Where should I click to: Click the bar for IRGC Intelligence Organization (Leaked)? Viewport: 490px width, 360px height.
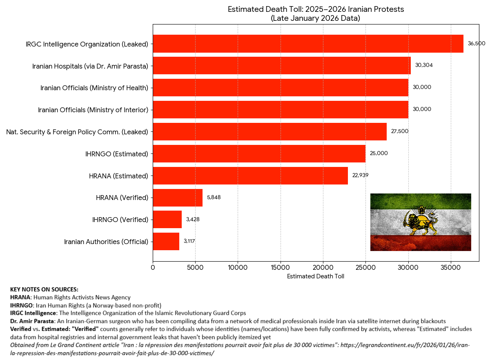(308, 44)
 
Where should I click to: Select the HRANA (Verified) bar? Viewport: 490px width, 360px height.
(178, 198)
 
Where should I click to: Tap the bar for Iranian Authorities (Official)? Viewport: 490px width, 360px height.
(166, 242)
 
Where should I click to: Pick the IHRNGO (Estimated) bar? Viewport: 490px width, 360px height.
(259, 153)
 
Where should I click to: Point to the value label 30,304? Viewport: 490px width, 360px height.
(423, 65)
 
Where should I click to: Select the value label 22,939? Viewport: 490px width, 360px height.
(361, 176)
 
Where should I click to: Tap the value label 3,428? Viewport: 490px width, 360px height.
(193, 220)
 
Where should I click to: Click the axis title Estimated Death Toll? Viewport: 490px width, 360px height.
(316, 276)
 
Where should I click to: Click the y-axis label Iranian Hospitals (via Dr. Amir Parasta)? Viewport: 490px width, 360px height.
(90, 66)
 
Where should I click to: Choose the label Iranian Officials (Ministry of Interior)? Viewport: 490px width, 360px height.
(93, 110)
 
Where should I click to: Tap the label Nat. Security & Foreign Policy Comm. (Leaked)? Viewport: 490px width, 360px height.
(77, 132)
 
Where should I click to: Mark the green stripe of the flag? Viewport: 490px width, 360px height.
(421, 201)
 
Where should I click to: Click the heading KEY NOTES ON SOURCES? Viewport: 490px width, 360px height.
(44, 289)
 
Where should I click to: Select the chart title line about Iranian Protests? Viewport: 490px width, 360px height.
(316, 9)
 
